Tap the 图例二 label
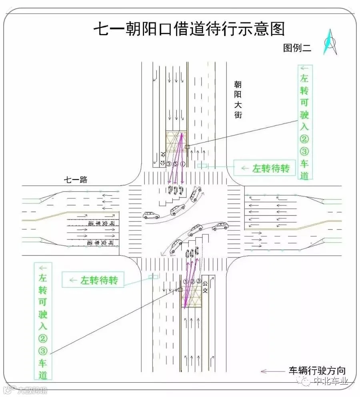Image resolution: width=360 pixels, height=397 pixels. click(297, 48)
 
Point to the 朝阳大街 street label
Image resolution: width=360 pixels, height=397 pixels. click(238, 100)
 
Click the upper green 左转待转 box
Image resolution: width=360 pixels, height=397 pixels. click(265, 168)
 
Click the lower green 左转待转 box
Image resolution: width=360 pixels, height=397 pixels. click(93, 280)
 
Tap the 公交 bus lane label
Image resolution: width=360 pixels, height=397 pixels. click(205, 285)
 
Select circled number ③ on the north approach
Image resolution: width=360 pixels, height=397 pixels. click(169, 164)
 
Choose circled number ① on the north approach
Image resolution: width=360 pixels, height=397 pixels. click(182, 164)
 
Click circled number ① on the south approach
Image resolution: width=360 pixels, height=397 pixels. click(185, 281)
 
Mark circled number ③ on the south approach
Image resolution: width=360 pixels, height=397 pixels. click(199, 281)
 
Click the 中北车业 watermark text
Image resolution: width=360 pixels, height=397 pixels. click(330, 382)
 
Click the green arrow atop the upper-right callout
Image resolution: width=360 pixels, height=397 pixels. click(305, 68)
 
